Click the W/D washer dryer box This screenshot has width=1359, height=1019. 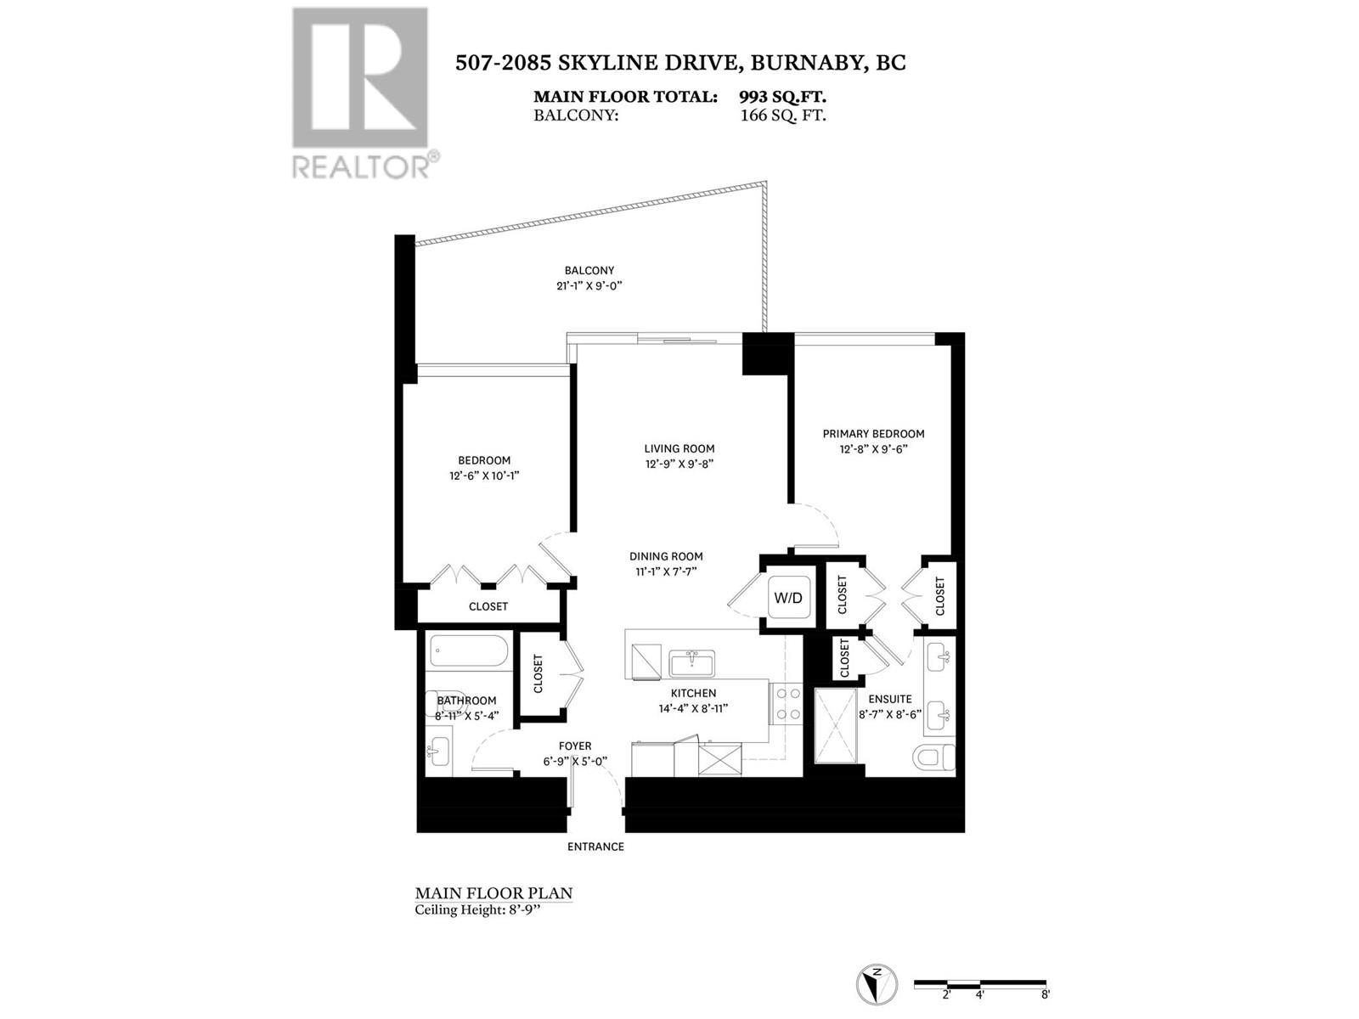tap(787, 598)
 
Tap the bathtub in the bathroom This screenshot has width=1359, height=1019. tap(469, 652)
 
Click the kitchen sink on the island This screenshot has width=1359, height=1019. tap(691, 662)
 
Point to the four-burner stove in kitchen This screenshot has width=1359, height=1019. tap(787, 704)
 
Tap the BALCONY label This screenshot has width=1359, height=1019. tap(589, 270)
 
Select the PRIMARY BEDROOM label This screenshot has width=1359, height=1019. tap(873, 434)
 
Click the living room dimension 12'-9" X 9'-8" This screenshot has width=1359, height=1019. tap(679, 464)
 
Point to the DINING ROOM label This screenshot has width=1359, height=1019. tap(666, 556)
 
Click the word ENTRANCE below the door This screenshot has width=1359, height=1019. tap(595, 847)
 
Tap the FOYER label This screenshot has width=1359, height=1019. tap(575, 746)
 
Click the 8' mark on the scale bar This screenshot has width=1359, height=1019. tap(1045, 994)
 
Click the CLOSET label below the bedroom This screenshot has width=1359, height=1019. tap(488, 606)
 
